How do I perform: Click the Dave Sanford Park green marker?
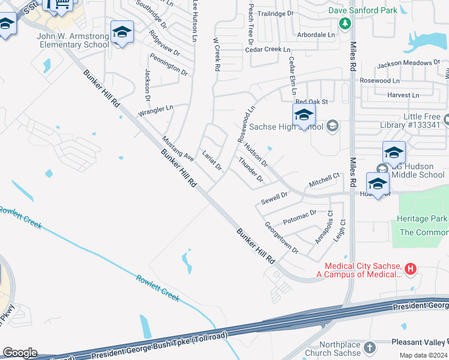345,23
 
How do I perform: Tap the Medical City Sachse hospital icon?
411,268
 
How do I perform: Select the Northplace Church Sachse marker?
370,347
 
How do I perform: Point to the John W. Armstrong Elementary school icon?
122,33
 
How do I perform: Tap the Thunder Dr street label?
251,170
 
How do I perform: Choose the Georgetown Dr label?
282,238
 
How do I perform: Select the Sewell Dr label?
274,196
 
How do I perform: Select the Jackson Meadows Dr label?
409,62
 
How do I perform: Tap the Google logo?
20,353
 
